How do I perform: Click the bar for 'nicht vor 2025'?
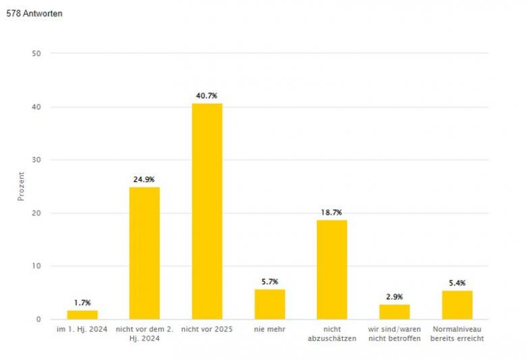coord(207,211)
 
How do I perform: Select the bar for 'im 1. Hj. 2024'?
coord(82,315)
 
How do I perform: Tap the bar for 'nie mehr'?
coord(270,304)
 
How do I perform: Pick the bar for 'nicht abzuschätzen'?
coord(332,270)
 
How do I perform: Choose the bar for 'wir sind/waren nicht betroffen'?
coord(394,311)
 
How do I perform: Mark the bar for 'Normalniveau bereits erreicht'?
coord(457,305)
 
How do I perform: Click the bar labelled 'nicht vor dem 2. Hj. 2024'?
coord(144,253)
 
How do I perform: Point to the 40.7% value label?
coord(207,96)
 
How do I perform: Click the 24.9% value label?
coord(144,180)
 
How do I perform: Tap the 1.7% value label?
coord(82,303)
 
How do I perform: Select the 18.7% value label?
coord(332,212)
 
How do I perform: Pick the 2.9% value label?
coord(394,297)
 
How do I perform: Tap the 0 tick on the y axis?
coord(38,320)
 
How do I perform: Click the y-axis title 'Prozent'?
coord(21,185)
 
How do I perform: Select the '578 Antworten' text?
coord(34,13)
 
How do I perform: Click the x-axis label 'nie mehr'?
coord(270,328)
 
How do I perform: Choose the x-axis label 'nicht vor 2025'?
coord(207,328)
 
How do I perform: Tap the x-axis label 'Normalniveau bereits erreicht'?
coord(457,333)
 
